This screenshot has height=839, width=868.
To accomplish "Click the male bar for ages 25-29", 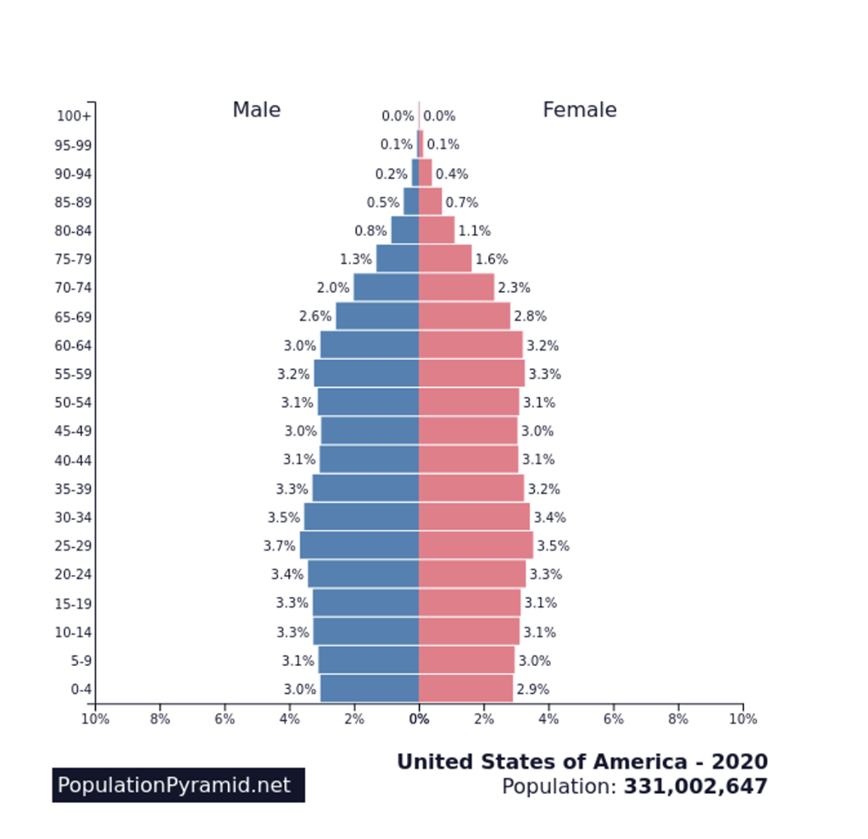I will (x=359, y=545).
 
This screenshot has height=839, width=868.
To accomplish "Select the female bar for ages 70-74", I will (x=456, y=288).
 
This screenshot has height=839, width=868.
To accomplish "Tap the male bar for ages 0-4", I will (x=370, y=689).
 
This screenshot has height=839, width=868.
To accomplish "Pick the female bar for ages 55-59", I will (x=471, y=373).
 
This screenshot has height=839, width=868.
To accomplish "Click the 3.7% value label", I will (x=280, y=546).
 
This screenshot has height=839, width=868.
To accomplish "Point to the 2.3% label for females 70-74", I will (x=514, y=288).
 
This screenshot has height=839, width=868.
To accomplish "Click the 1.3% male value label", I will (x=356, y=260).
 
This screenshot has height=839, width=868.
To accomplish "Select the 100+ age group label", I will (x=74, y=116).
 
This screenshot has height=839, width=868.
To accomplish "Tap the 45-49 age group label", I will (x=73, y=431).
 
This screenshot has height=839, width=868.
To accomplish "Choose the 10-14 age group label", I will (x=73, y=632).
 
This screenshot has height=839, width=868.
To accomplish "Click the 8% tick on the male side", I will (x=159, y=719).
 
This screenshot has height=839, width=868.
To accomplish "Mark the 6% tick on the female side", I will (x=613, y=719).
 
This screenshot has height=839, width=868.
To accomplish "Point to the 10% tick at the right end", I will (x=743, y=719).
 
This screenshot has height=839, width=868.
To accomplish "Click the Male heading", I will (x=256, y=110).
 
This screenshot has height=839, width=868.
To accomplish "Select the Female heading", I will (x=579, y=110).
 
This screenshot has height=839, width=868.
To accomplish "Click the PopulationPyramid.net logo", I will (x=178, y=786).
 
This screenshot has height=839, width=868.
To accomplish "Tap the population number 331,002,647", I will (x=695, y=787).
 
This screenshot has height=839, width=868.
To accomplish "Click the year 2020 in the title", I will (x=739, y=762).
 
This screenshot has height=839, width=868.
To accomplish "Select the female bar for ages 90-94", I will (x=426, y=173).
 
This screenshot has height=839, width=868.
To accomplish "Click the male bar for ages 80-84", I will (x=405, y=230).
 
